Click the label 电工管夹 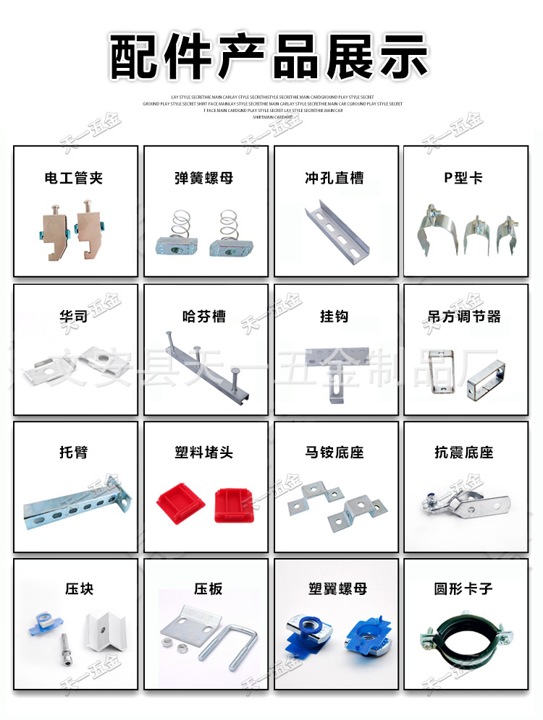[x=75, y=178]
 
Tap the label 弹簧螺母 [x=205, y=178]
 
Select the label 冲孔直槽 [x=334, y=178]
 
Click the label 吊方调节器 [x=464, y=316]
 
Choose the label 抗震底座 [x=464, y=453]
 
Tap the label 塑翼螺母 [x=335, y=589]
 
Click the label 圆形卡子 [x=464, y=589]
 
